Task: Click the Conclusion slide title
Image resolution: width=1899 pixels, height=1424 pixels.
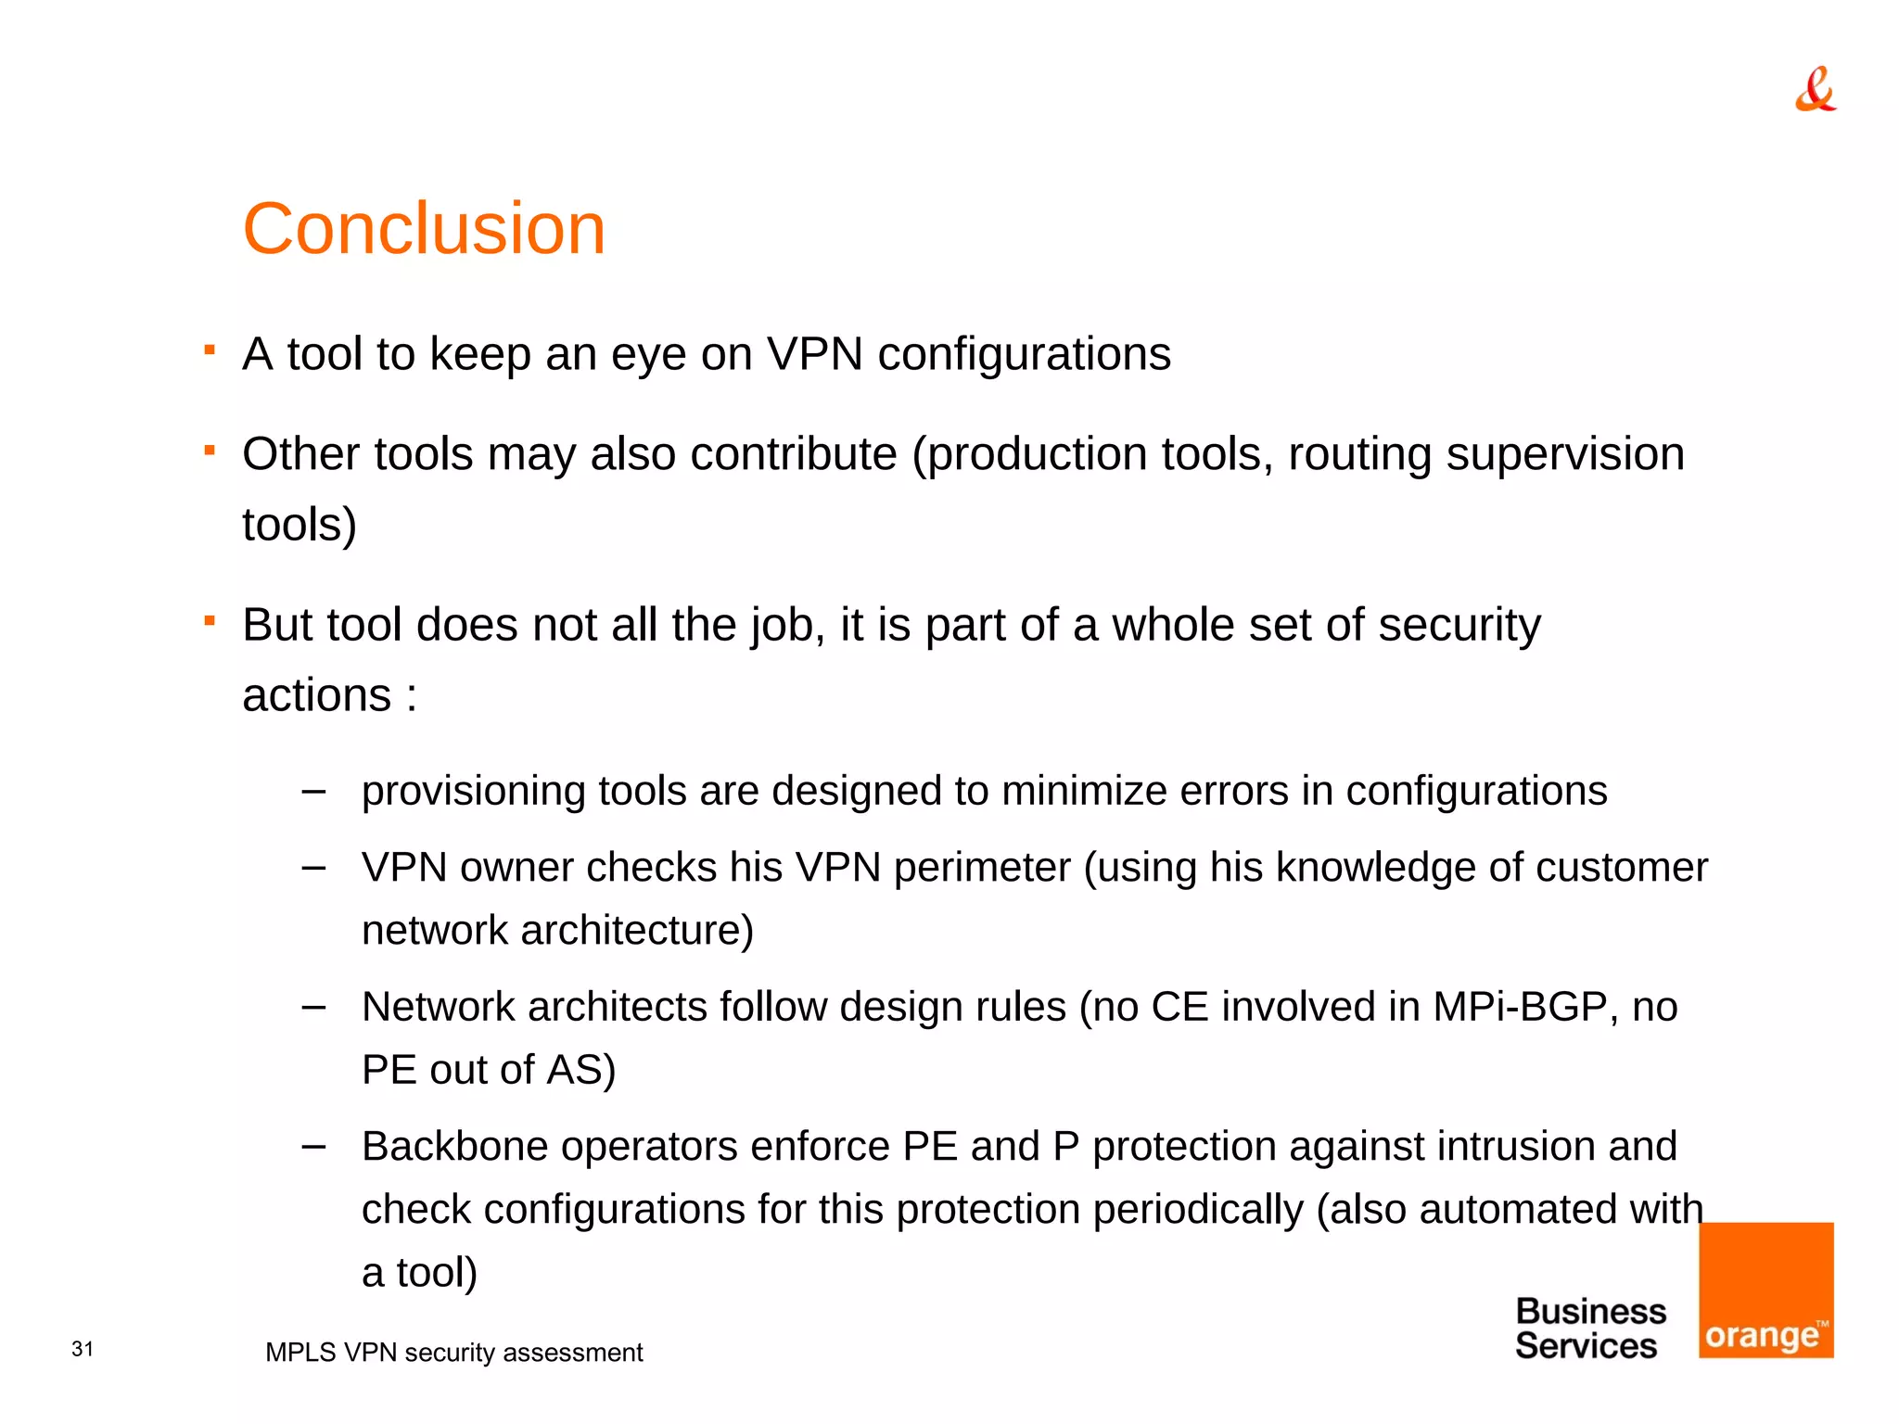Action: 424,229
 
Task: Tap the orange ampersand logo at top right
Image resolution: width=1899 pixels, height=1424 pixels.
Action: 1815,90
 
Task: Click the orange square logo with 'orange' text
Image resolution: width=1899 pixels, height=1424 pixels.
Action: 1765,1290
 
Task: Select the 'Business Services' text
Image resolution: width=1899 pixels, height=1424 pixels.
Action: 1589,1329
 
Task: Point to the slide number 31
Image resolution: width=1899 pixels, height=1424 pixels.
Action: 83,1349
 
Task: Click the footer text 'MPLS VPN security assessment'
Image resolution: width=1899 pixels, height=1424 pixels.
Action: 453,1353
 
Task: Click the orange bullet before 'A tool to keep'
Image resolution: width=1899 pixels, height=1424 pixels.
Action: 210,350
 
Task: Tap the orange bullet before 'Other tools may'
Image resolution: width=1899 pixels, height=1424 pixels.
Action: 210,451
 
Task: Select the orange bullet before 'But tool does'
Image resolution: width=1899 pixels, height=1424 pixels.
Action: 210,621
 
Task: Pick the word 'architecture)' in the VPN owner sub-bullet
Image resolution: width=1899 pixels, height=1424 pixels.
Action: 637,931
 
